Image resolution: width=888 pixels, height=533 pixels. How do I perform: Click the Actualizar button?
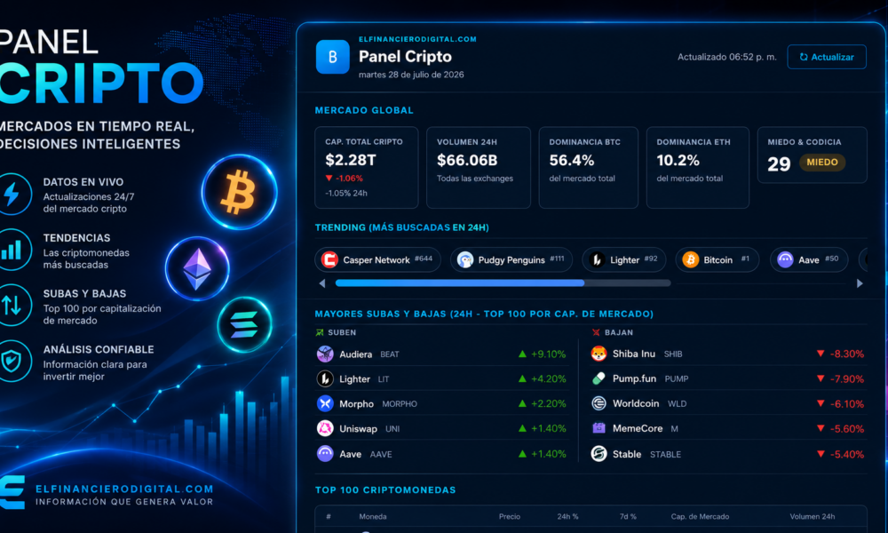click(x=826, y=57)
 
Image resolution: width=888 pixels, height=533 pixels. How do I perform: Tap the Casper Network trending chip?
click(x=377, y=260)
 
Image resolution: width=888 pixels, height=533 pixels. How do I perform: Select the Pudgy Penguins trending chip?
click(x=511, y=260)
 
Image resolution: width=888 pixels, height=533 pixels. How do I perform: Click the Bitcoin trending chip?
click(x=717, y=260)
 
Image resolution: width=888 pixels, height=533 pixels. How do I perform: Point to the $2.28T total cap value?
click(x=351, y=160)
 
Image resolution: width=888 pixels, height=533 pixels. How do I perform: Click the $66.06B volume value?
click(x=467, y=160)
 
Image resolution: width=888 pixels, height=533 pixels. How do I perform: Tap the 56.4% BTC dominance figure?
click(x=571, y=160)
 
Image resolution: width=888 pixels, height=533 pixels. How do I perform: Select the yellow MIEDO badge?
click(x=821, y=163)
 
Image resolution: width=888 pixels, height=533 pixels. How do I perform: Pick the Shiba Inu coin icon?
click(x=599, y=354)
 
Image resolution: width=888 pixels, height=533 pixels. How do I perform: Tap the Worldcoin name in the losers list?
click(x=636, y=403)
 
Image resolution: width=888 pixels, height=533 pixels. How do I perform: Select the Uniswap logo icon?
click(x=325, y=428)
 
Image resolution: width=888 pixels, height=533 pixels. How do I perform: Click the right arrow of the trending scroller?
click(x=860, y=283)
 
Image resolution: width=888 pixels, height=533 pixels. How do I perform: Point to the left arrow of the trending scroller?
click(x=322, y=283)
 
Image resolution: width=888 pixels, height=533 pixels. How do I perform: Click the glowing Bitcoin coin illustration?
click(x=240, y=192)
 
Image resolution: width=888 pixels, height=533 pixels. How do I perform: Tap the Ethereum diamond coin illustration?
click(x=197, y=268)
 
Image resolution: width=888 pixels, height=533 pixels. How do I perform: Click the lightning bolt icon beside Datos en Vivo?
click(x=12, y=194)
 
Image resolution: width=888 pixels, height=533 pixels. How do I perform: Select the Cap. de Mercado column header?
click(x=700, y=517)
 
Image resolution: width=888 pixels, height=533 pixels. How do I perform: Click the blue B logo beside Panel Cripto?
click(x=332, y=57)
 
